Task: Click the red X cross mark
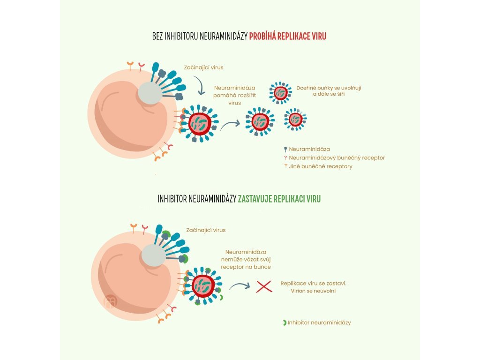(x=264, y=286)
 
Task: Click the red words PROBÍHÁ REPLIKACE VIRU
(x=287, y=36)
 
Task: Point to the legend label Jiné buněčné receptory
(x=321, y=166)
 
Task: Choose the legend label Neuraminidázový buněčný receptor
(x=337, y=158)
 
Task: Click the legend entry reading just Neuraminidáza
(x=309, y=150)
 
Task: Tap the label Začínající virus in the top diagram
(x=203, y=67)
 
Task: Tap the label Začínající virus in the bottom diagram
(x=206, y=230)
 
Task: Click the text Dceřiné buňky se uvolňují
(x=329, y=88)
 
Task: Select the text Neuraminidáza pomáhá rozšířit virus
(x=234, y=95)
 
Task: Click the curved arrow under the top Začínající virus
(x=199, y=85)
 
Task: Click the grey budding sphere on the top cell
(x=150, y=93)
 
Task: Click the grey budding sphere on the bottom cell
(x=153, y=256)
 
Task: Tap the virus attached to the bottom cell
(x=203, y=285)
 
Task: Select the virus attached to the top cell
(x=200, y=123)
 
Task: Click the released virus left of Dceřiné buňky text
(x=281, y=93)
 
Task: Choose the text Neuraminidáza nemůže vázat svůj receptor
(x=246, y=259)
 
